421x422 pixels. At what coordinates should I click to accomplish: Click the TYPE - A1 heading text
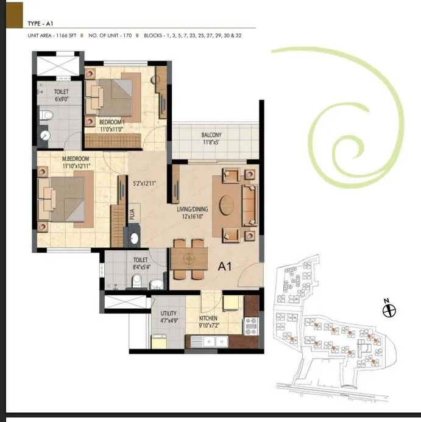pos(41,24)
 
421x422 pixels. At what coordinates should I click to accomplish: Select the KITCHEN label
pos(209,318)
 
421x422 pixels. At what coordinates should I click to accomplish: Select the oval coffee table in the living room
pos(227,204)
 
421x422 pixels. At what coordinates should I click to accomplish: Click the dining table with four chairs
pos(189,259)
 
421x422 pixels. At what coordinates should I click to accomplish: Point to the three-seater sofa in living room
pos(250,205)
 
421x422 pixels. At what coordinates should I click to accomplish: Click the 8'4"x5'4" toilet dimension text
pos(140,267)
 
